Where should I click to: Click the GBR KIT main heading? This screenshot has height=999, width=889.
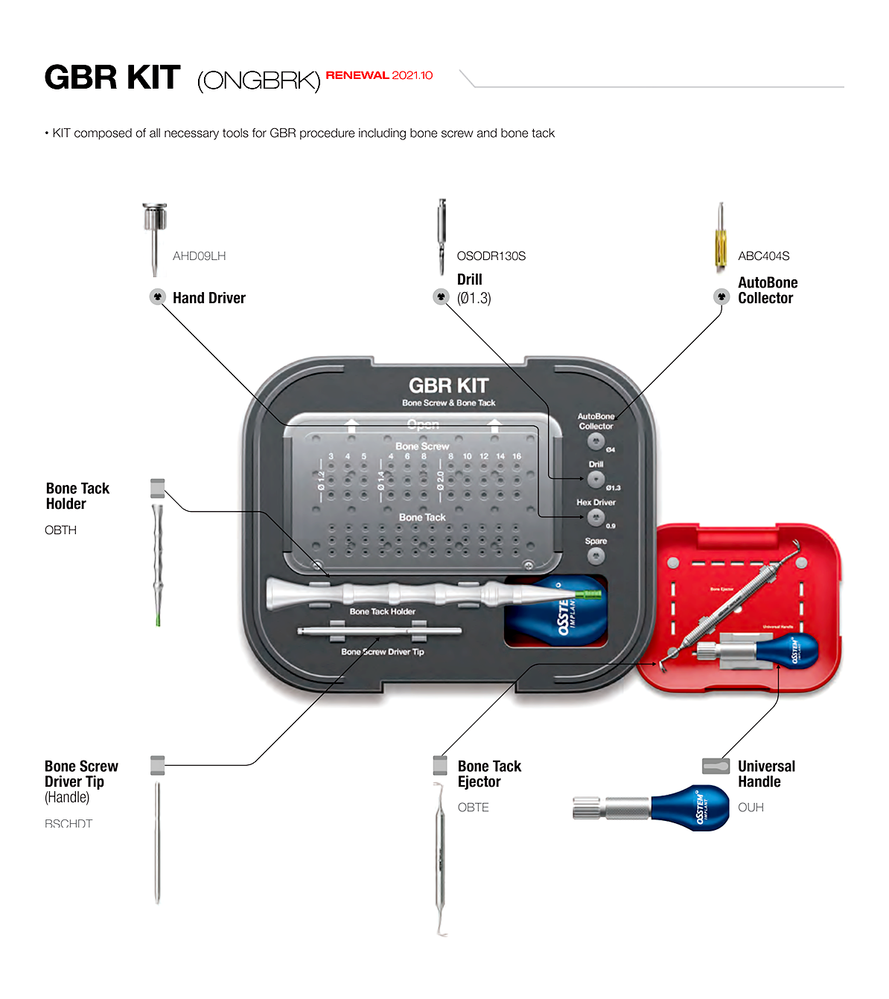pos(112,77)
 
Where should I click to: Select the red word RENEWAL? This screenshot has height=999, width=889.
pos(357,75)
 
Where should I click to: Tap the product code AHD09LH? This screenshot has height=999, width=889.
pos(199,256)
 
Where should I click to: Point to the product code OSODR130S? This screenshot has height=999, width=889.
pos(491,256)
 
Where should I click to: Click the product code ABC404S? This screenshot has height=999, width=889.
pos(763,256)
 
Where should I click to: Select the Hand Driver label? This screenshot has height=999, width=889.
pos(209,298)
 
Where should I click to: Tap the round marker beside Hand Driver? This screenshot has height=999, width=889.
pos(157,296)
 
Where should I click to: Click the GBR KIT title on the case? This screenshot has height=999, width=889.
pos(448,386)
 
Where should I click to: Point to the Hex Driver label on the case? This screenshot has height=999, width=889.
pos(596,503)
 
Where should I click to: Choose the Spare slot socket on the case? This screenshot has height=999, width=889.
pos(596,556)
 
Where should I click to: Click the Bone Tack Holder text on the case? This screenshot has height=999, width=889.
pos(383,612)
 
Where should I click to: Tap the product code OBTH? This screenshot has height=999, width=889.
pos(60,530)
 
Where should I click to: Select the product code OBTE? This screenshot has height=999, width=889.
pos(473,808)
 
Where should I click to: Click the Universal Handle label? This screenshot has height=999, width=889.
pos(766,774)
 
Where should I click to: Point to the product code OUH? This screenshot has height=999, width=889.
pos(751,808)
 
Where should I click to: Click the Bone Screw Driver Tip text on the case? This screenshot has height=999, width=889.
pos(383,652)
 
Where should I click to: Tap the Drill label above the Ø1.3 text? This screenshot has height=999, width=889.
pos(470,280)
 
